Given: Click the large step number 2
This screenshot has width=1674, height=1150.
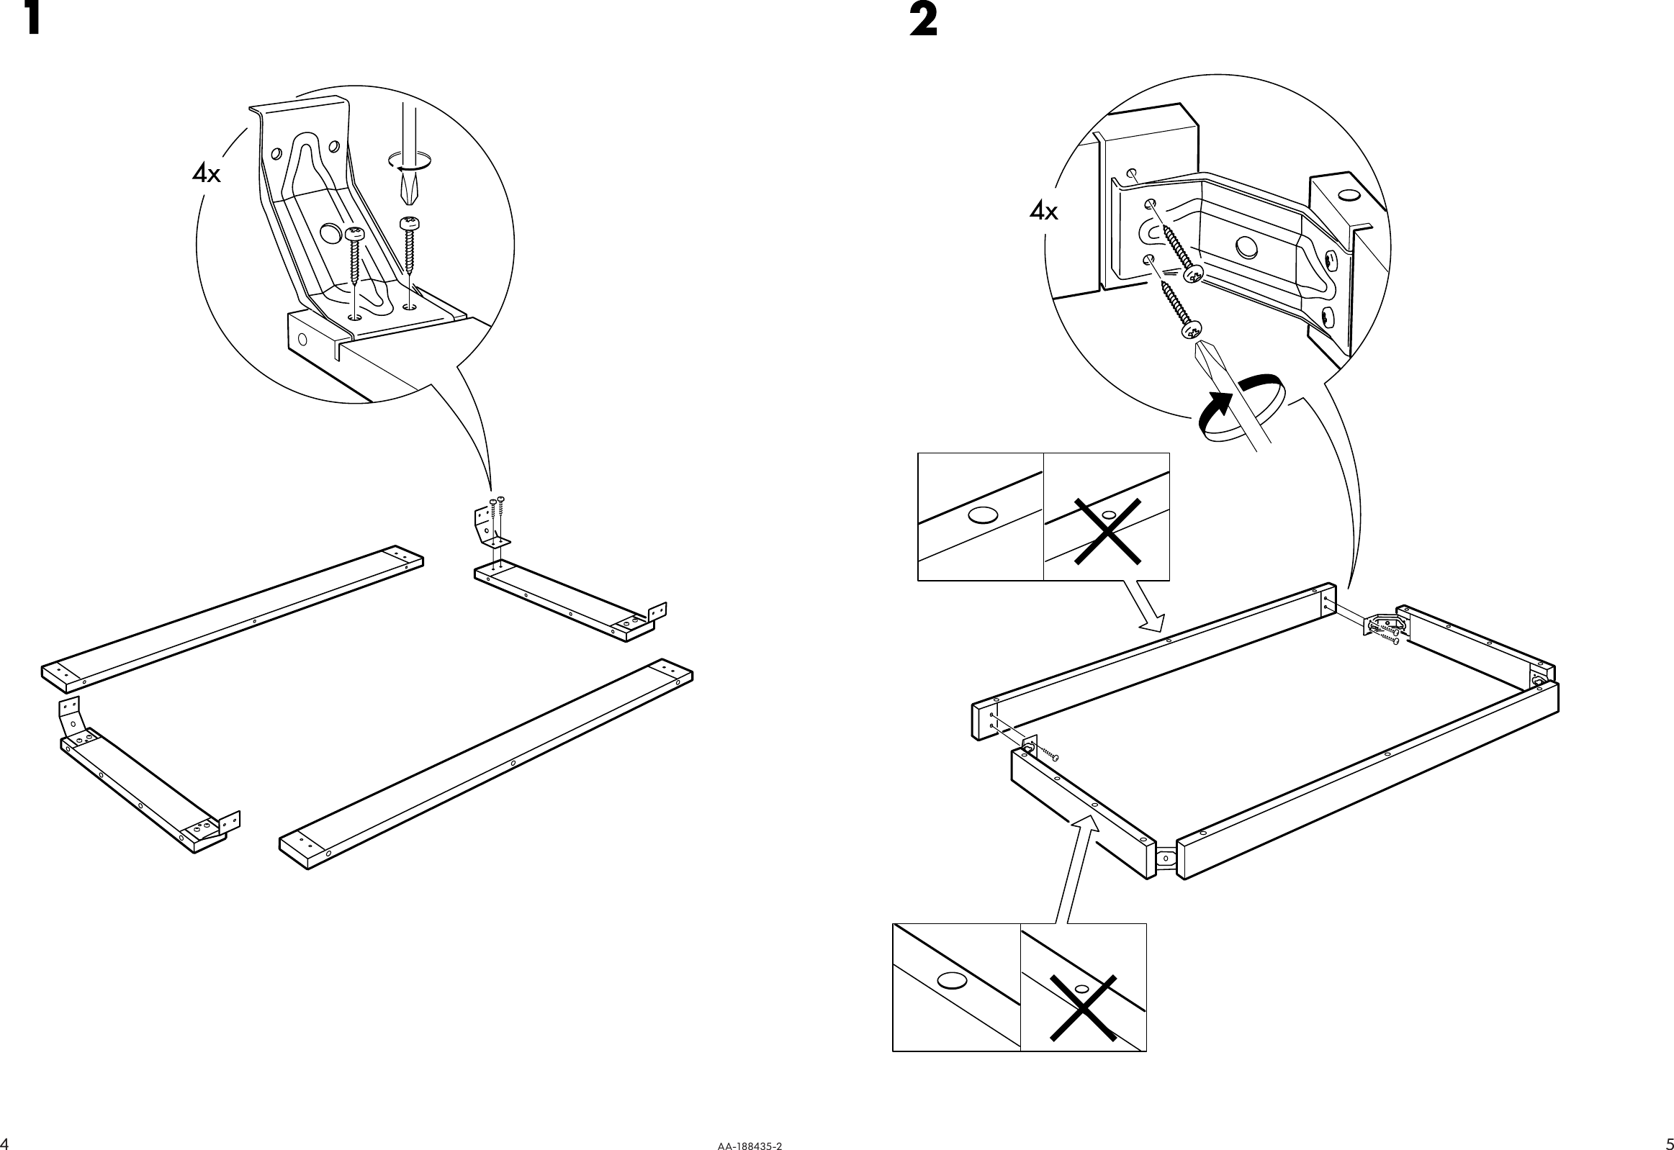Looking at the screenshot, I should pos(923,21).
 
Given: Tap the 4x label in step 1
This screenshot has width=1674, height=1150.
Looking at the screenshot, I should pos(206,173).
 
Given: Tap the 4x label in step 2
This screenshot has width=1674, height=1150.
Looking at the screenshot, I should pos(1043,212).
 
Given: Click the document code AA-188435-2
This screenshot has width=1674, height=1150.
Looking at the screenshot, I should pos(749,1144).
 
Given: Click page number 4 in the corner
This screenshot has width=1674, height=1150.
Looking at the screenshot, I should pos(4,1144).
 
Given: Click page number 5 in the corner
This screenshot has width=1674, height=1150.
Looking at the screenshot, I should pos(1669,1144).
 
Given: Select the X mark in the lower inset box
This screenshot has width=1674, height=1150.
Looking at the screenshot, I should pos(1083,1009).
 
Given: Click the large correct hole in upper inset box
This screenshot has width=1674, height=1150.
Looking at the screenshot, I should pos(983,515).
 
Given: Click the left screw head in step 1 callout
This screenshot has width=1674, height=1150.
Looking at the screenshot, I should pos(355,233).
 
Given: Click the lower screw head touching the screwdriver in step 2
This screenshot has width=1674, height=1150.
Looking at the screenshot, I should pos(1190,330).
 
